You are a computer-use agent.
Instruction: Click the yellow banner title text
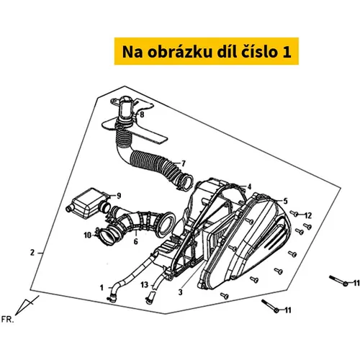pos(207,52)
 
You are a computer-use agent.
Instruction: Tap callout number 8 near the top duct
pos(142,115)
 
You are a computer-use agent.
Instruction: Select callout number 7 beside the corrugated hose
pos(184,163)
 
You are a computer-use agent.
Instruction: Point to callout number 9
pos(118,196)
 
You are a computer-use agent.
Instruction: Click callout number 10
pos(88,235)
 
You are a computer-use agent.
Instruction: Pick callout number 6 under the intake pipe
pos(136,241)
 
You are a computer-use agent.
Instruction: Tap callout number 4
pos(250,186)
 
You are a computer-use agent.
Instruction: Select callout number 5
pos(285,201)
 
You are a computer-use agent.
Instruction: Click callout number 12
pos(308,215)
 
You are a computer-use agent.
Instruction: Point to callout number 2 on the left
pos(32,253)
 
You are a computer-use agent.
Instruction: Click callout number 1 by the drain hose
pos(102,287)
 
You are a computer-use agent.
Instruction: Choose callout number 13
pos(145,285)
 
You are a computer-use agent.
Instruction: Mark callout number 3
pos(181,292)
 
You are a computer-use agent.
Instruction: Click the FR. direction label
pos(8,320)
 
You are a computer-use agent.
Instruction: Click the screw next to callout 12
pos(294,213)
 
